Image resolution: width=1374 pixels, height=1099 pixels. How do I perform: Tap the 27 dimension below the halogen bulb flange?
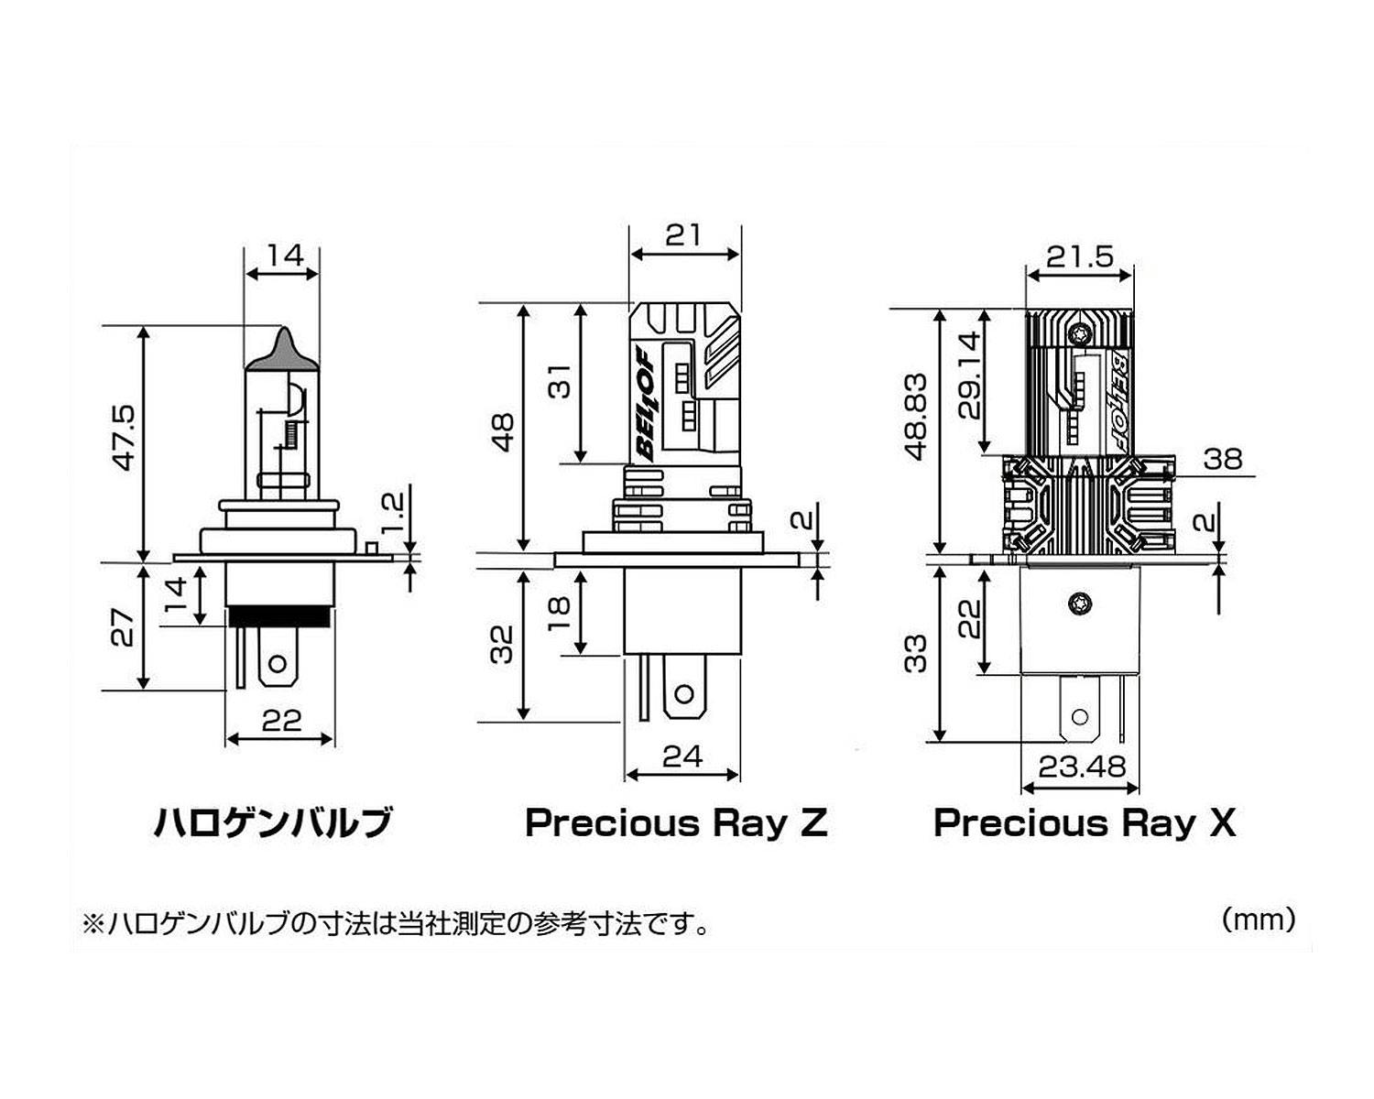123,627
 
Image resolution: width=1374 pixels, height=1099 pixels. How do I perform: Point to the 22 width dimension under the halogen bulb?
281,721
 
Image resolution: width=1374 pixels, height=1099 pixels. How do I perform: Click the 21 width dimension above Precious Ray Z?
683,235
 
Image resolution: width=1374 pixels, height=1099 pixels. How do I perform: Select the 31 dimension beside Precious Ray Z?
560,381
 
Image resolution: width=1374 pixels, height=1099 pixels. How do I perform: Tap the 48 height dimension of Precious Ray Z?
504,432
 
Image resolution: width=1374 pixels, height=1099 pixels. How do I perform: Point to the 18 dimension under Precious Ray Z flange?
560,613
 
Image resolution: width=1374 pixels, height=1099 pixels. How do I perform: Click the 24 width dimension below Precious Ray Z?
682,756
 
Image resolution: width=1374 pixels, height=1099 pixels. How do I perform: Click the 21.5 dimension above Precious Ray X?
1080,256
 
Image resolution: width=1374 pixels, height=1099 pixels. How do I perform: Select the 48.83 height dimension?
916,417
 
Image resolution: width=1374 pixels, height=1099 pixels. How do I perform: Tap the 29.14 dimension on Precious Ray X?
968,375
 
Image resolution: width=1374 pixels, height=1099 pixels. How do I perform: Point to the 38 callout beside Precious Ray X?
1223,459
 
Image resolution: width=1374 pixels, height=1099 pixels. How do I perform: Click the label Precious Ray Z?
676,822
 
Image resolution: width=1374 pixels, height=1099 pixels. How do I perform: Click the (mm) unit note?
1259,920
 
